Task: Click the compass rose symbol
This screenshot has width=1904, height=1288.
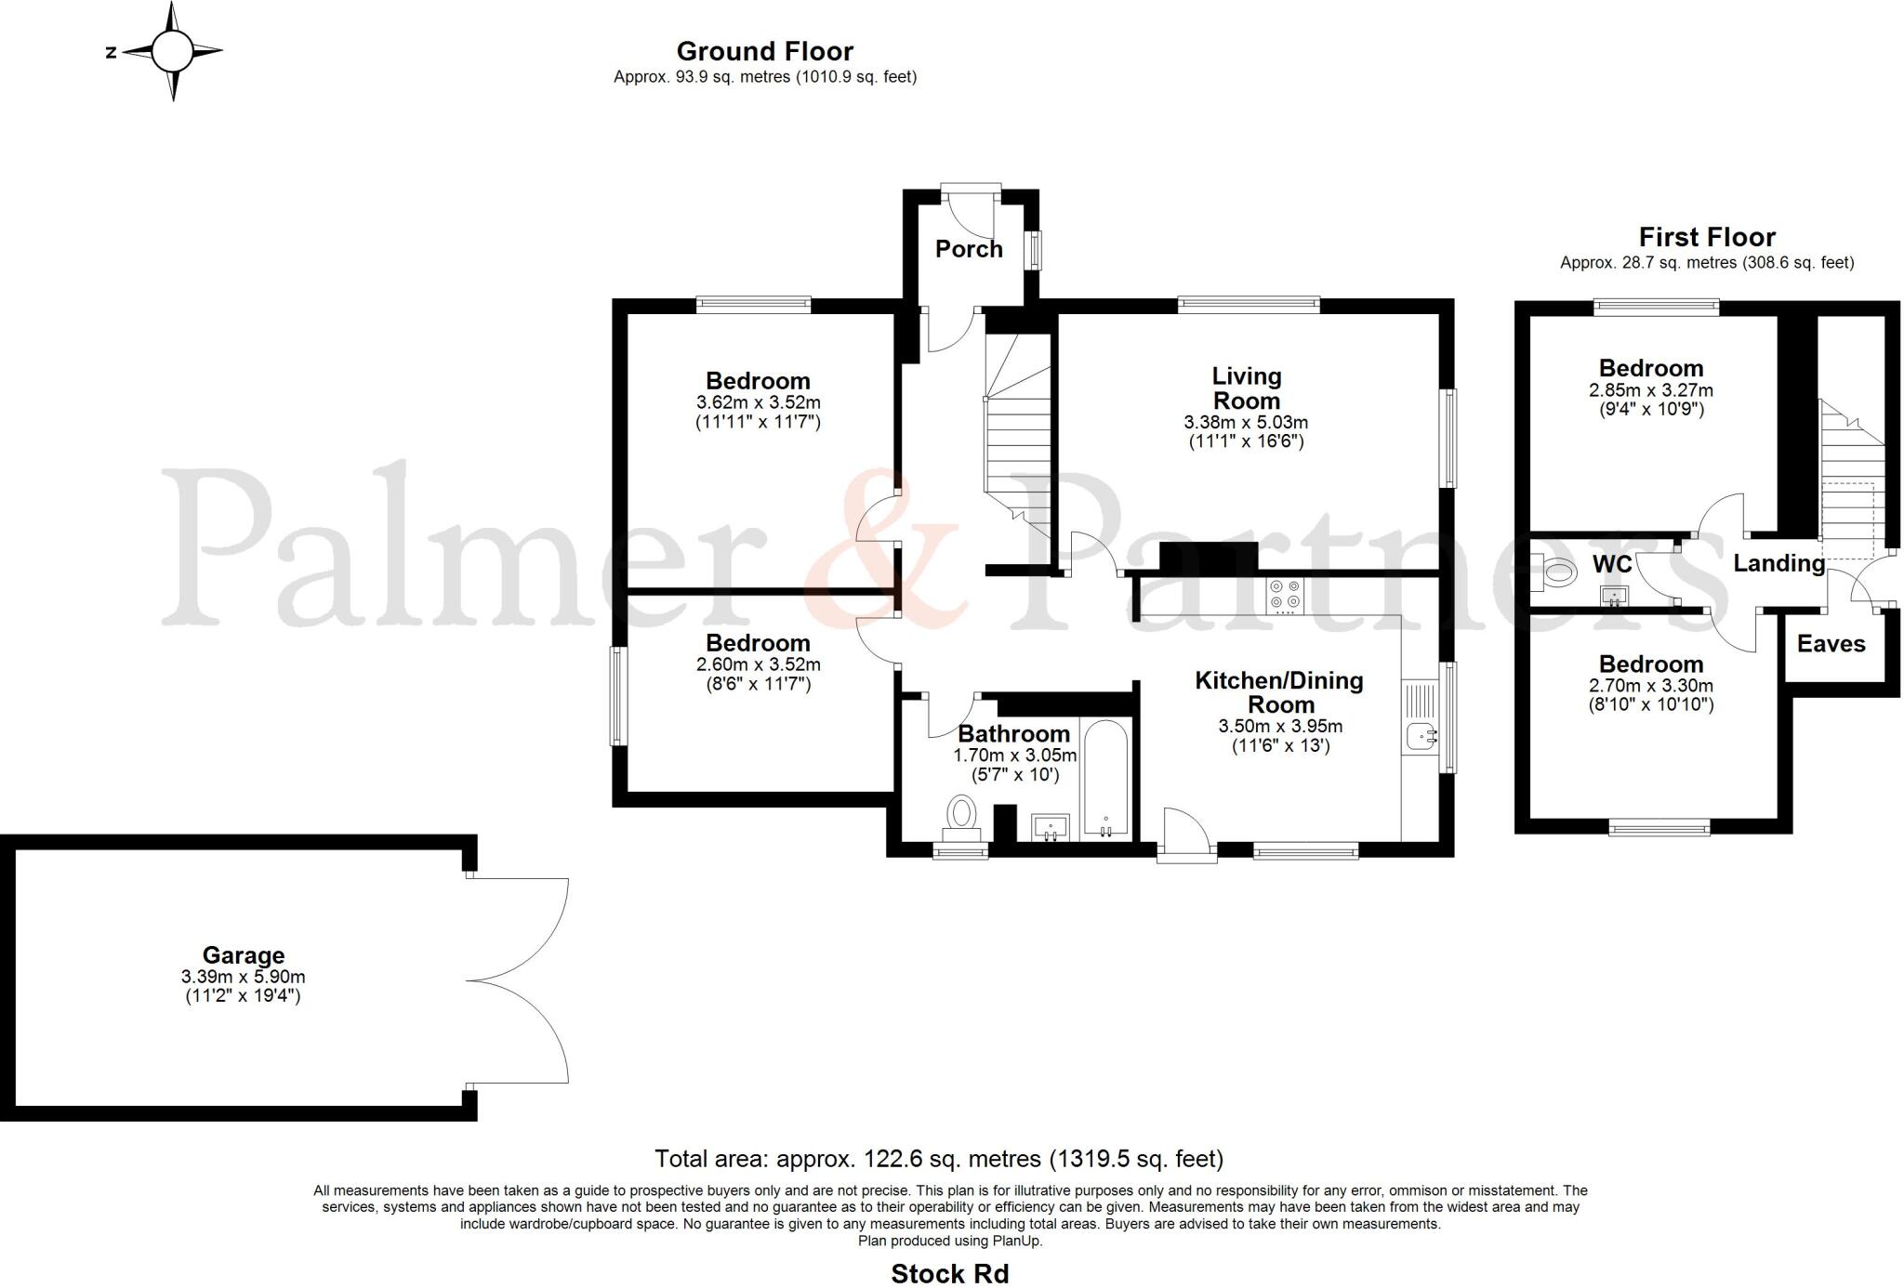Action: (x=172, y=51)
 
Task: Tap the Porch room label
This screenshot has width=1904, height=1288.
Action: (x=969, y=249)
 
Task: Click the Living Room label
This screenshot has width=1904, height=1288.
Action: (x=1246, y=388)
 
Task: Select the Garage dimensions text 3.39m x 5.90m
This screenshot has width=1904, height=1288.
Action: (x=244, y=977)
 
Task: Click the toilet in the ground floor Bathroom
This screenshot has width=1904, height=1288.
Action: (x=961, y=813)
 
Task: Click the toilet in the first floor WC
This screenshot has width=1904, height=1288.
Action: (x=1554, y=572)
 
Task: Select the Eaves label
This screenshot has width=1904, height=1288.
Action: (x=1831, y=644)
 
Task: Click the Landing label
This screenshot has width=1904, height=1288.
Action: (x=1778, y=563)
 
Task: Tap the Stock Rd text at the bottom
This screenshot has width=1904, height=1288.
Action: (x=949, y=1273)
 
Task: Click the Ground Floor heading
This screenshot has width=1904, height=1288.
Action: (x=764, y=51)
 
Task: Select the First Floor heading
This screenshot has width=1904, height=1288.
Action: (x=1707, y=237)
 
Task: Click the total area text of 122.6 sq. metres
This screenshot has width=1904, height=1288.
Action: (x=939, y=1159)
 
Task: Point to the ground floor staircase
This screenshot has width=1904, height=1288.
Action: (x=1019, y=437)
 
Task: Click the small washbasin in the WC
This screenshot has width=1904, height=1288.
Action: (x=1615, y=596)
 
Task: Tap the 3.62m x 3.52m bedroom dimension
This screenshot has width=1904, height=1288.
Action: (x=758, y=402)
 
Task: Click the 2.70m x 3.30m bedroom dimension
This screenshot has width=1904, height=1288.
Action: (x=1650, y=686)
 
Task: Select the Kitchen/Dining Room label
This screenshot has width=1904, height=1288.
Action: (x=1278, y=692)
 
